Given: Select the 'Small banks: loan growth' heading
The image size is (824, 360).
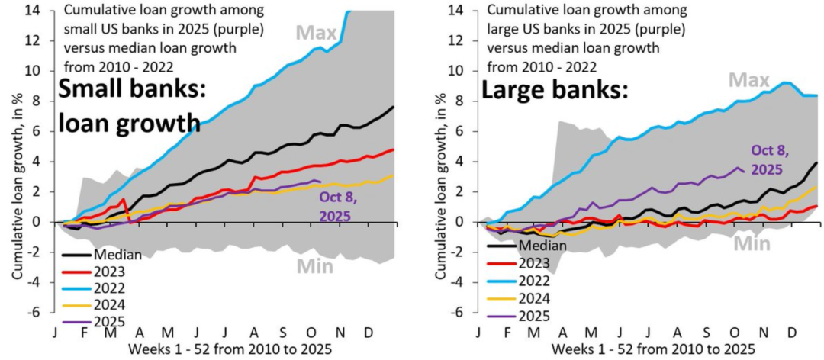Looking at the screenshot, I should point(129,107).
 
